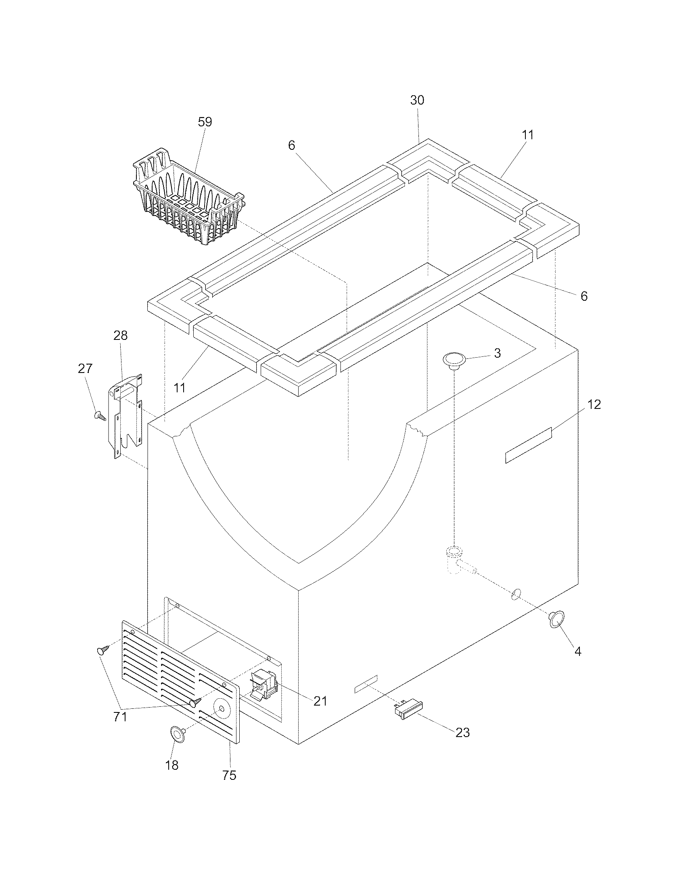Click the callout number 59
[205, 122]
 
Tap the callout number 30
[417, 101]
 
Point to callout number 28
[121, 335]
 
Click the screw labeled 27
[100, 415]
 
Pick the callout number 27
[85, 369]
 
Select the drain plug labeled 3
[454, 360]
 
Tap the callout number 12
[594, 404]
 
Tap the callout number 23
[462, 733]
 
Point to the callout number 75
[229, 775]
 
